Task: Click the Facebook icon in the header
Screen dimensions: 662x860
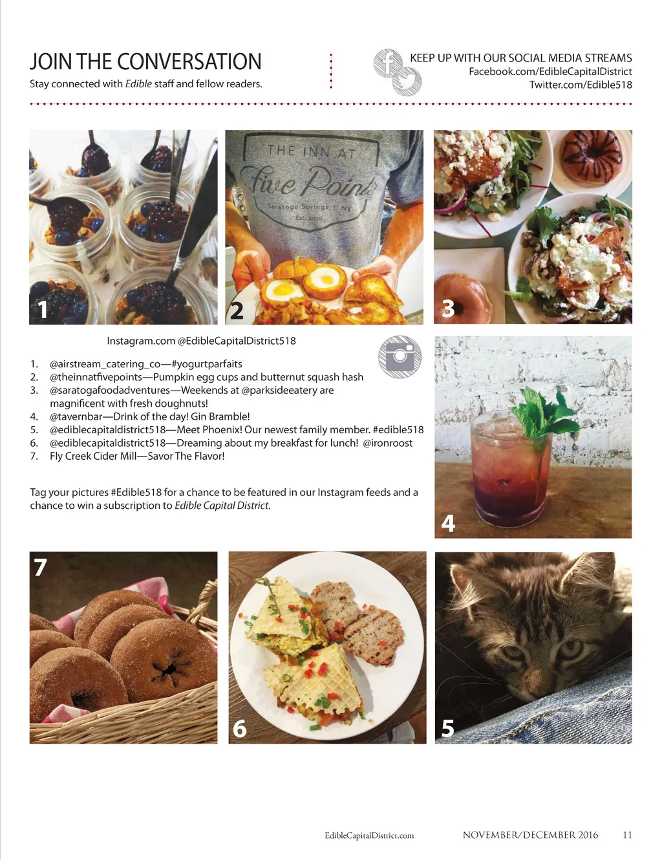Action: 388,63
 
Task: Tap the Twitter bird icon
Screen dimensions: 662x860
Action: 407,81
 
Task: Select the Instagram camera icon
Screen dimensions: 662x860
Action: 400,356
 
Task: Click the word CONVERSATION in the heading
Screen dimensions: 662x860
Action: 189,61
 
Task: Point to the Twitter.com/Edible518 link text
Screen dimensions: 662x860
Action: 581,85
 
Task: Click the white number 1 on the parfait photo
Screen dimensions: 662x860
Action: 43,310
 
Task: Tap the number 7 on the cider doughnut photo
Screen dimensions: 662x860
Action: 40,567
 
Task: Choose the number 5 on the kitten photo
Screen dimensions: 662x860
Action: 447,728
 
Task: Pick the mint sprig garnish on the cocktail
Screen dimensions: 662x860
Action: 544,412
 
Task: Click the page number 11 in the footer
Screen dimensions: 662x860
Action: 627,835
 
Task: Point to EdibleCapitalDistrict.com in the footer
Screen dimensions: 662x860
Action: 369,835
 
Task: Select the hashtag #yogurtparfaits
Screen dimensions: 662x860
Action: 207,364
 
